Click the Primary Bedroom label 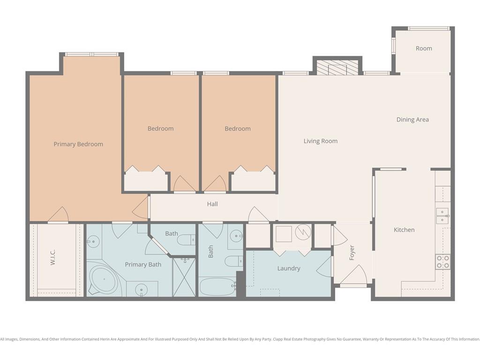78,144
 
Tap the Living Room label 321,141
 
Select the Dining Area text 412,120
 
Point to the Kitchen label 404,230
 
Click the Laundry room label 289,269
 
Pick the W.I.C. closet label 52,257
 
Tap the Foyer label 352,253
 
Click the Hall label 212,204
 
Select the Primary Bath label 143,264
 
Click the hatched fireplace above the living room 337,67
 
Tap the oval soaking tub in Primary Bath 104,279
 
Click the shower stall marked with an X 184,277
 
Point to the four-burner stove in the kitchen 443,262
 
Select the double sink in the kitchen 442,216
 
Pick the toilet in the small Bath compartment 186,240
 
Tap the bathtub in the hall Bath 217,286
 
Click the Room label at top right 424,48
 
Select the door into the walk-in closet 58,214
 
